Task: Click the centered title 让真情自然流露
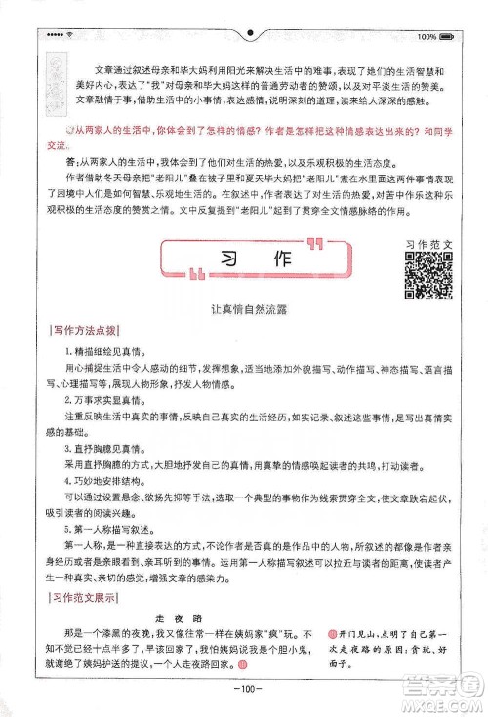pos(243,309)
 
